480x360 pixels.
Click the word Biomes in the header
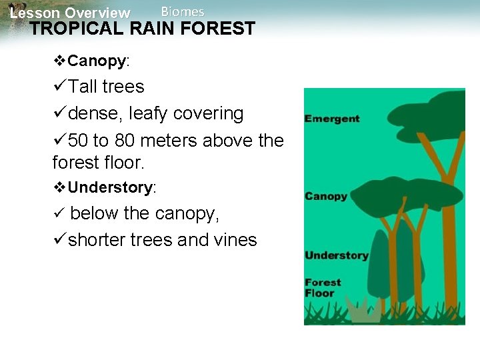[x=183, y=11]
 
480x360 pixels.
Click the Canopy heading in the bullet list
[x=97, y=61]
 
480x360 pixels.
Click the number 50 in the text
[x=79, y=141]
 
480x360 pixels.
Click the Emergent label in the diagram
[x=331, y=119]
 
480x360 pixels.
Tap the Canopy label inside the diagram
[x=325, y=197]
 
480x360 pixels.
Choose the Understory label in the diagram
[x=336, y=256]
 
